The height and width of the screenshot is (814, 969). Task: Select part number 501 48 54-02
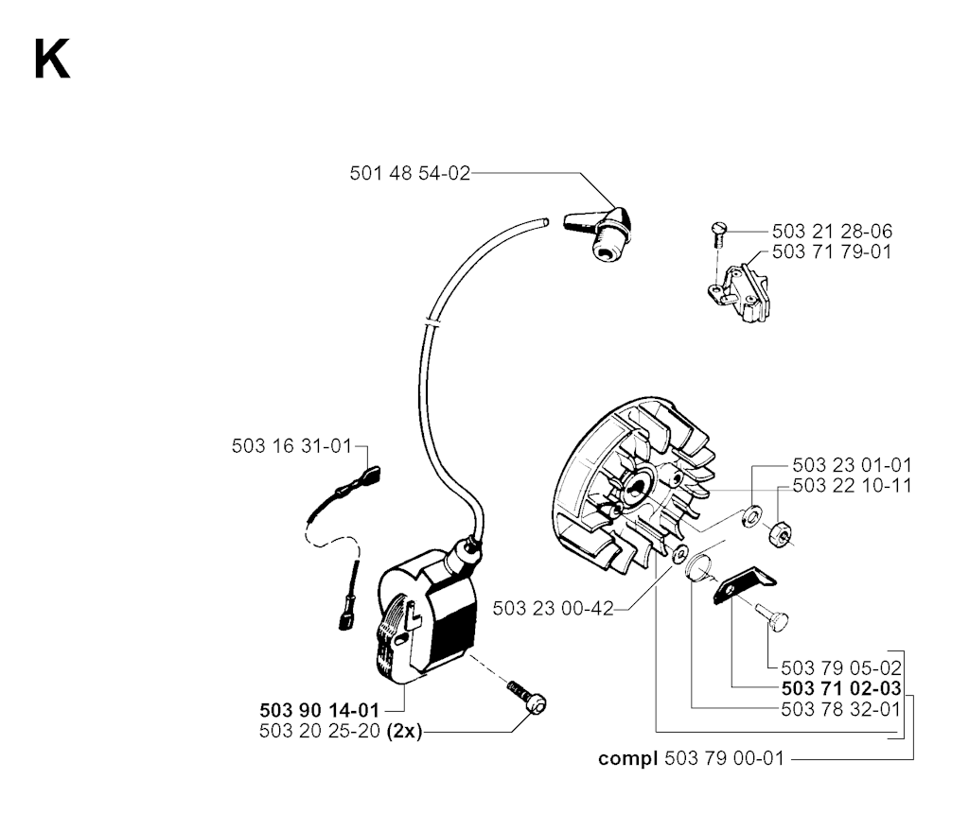pyautogui.click(x=410, y=173)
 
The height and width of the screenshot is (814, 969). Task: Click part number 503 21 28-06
pyautogui.click(x=832, y=232)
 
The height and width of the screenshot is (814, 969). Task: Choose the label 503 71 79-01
pyautogui.click(x=832, y=252)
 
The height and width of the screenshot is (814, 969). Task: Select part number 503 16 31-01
pyautogui.click(x=291, y=445)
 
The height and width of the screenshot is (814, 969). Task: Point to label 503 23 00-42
pyautogui.click(x=553, y=610)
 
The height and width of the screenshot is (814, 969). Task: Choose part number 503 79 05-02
pyautogui.click(x=840, y=667)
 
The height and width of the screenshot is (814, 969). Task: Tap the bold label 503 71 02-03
pyautogui.click(x=840, y=688)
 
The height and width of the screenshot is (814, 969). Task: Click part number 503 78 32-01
pyautogui.click(x=840, y=709)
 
